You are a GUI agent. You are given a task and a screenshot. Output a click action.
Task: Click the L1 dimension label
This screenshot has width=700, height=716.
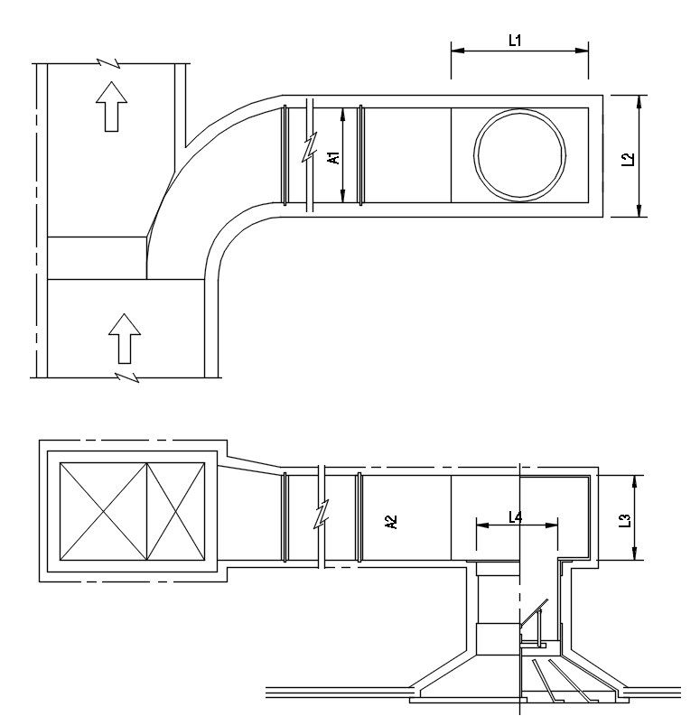point(516,41)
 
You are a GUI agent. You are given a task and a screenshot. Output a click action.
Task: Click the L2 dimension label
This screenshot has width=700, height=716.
point(628,158)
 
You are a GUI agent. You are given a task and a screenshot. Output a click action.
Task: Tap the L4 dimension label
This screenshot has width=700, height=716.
point(515,516)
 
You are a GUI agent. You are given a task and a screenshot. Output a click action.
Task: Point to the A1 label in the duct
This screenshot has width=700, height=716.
point(333,157)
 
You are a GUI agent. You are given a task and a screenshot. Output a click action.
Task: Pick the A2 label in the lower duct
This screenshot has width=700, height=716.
point(391,521)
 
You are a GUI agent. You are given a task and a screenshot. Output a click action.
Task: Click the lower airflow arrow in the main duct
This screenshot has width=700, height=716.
point(124,337)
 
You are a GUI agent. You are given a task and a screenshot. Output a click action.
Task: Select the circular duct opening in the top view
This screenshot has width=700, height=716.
point(523,153)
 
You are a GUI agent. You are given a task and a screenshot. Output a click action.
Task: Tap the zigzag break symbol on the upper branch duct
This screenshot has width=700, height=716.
point(311,148)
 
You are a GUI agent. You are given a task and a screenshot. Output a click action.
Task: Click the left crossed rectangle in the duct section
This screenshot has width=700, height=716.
point(102,511)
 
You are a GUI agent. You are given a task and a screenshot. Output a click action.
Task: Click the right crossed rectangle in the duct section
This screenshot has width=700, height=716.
point(175,511)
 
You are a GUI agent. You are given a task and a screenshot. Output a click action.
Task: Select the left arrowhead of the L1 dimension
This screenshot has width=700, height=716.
point(454,51)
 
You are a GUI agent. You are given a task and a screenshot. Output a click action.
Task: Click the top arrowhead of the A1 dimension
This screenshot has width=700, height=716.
point(343,112)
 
